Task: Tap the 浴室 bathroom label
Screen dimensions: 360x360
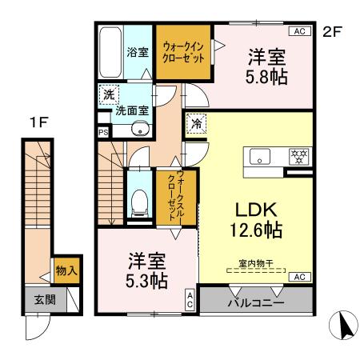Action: [137, 53]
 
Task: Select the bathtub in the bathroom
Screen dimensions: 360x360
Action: [110, 52]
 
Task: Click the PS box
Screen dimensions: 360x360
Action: [103, 133]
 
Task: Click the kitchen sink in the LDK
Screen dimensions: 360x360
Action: [262, 156]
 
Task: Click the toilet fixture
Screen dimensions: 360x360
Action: [139, 202]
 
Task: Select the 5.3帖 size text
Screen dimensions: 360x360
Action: [146, 281]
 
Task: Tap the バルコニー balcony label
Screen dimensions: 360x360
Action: [255, 303]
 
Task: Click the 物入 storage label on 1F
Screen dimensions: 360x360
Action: [66, 271]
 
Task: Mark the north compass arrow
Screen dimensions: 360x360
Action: [345, 325]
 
